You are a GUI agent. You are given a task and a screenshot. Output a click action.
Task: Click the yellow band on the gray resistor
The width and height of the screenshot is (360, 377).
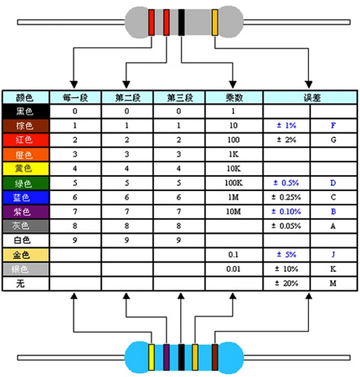point(215,23)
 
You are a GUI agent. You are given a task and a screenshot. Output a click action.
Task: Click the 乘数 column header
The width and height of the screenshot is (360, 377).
point(234,97)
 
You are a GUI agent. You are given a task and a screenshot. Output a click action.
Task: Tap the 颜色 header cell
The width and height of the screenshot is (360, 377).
point(25,97)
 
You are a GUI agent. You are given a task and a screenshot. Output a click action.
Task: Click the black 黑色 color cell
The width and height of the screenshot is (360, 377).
point(25,111)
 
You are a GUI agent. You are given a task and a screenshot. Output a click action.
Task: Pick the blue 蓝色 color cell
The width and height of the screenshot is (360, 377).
point(25,197)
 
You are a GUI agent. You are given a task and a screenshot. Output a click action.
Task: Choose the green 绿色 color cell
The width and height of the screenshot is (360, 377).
point(25,183)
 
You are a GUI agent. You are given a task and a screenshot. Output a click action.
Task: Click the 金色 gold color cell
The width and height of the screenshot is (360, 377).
point(25,255)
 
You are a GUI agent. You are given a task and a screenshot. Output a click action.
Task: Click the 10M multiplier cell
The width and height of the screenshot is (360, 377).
point(234,212)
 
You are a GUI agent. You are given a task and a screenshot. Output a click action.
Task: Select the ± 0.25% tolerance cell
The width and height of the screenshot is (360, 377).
point(286,197)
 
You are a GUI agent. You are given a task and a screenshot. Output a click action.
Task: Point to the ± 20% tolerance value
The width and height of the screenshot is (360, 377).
point(286,284)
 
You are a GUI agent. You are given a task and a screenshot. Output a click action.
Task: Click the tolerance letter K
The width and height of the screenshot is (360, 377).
point(333,269)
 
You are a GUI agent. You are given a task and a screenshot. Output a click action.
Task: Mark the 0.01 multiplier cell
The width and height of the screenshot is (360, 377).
point(234,269)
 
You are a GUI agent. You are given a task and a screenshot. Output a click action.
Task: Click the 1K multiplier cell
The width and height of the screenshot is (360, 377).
point(234,154)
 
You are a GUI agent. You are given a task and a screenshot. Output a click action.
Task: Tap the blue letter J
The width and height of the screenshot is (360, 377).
point(333,255)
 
